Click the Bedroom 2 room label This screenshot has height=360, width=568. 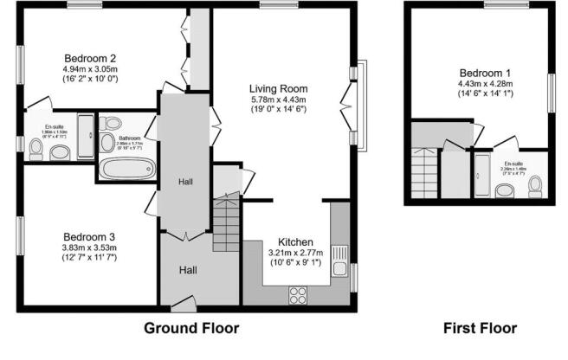click(89, 58)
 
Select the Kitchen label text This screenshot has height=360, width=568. click(295, 241)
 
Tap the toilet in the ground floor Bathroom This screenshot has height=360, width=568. click(106, 142)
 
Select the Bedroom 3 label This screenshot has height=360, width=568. click(89, 235)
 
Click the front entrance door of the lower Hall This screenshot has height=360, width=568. click(183, 302)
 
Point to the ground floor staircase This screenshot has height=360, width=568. click(226, 222)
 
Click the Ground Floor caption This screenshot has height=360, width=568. click(190, 329)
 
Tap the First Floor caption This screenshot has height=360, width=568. click(480, 329)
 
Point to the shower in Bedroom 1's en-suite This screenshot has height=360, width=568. click(481, 177)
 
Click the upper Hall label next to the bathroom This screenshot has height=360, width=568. click(185, 182)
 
